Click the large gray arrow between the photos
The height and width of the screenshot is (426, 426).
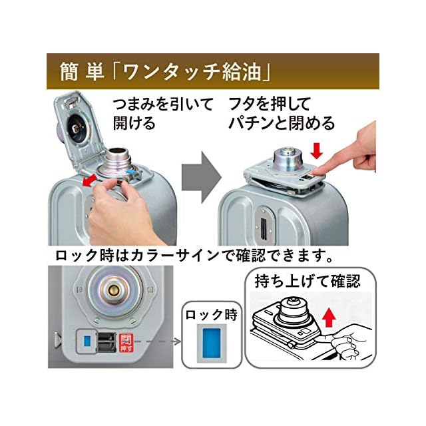pyautogui.click(x=202, y=178)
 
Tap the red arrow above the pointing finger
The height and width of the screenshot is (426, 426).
pyautogui.click(x=317, y=151)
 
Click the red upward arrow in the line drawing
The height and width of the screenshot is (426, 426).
pyautogui.click(x=329, y=317)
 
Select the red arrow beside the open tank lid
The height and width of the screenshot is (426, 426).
pyautogui.click(x=90, y=180)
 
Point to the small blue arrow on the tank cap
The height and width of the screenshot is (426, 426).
pyautogui.click(x=132, y=173)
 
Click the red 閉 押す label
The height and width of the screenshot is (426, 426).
pyautogui.click(x=126, y=343)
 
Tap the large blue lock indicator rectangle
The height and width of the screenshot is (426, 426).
pyautogui.click(x=212, y=343)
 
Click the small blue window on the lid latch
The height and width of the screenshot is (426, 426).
pyautogui.click(x=87, y=341)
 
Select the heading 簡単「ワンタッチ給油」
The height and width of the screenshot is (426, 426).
pyautogui.click(x=164, y=72)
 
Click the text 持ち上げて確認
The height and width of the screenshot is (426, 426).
pyautogui.click(x=308, y=281)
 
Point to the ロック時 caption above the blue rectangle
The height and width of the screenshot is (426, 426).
pyautogui.click(x=212, y=315)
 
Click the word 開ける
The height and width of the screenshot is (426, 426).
pyautogui.click(x=134, y=123)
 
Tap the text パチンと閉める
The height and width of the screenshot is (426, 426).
pyautogui.click(x=282, y=123)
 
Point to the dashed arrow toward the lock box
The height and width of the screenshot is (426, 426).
pyautogui.click(x=158, y=341)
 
